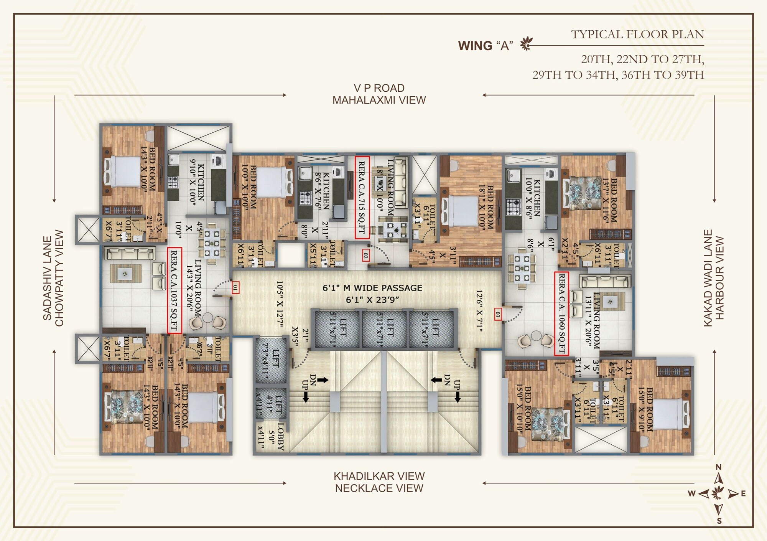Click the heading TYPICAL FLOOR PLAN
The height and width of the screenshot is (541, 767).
[637, 35]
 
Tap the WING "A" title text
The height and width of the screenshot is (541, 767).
[486, 46]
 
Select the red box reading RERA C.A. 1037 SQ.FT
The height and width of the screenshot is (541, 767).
[174, 290]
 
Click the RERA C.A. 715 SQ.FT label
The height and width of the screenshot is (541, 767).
[362, 197]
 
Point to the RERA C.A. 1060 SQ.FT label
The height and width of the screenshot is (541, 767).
[561, 313]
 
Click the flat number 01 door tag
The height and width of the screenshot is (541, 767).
[235, 287]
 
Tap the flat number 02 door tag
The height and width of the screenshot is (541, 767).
[365, 255]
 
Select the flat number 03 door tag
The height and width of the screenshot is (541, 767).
[498, 315]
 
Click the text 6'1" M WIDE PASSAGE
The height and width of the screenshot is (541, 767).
[372, 288]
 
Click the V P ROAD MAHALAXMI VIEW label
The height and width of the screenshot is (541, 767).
[379, 94]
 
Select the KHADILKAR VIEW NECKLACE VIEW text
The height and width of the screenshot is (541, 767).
[379, 482]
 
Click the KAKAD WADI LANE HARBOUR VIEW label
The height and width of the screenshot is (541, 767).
[713, 278]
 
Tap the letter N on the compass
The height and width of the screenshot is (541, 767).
[718, 467]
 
